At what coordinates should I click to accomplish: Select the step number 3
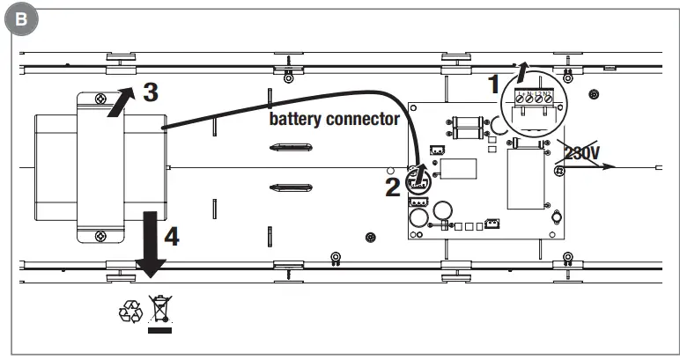[151, 91]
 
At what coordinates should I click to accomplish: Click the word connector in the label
[366, 119]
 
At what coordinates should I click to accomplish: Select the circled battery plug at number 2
[418, 181]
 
